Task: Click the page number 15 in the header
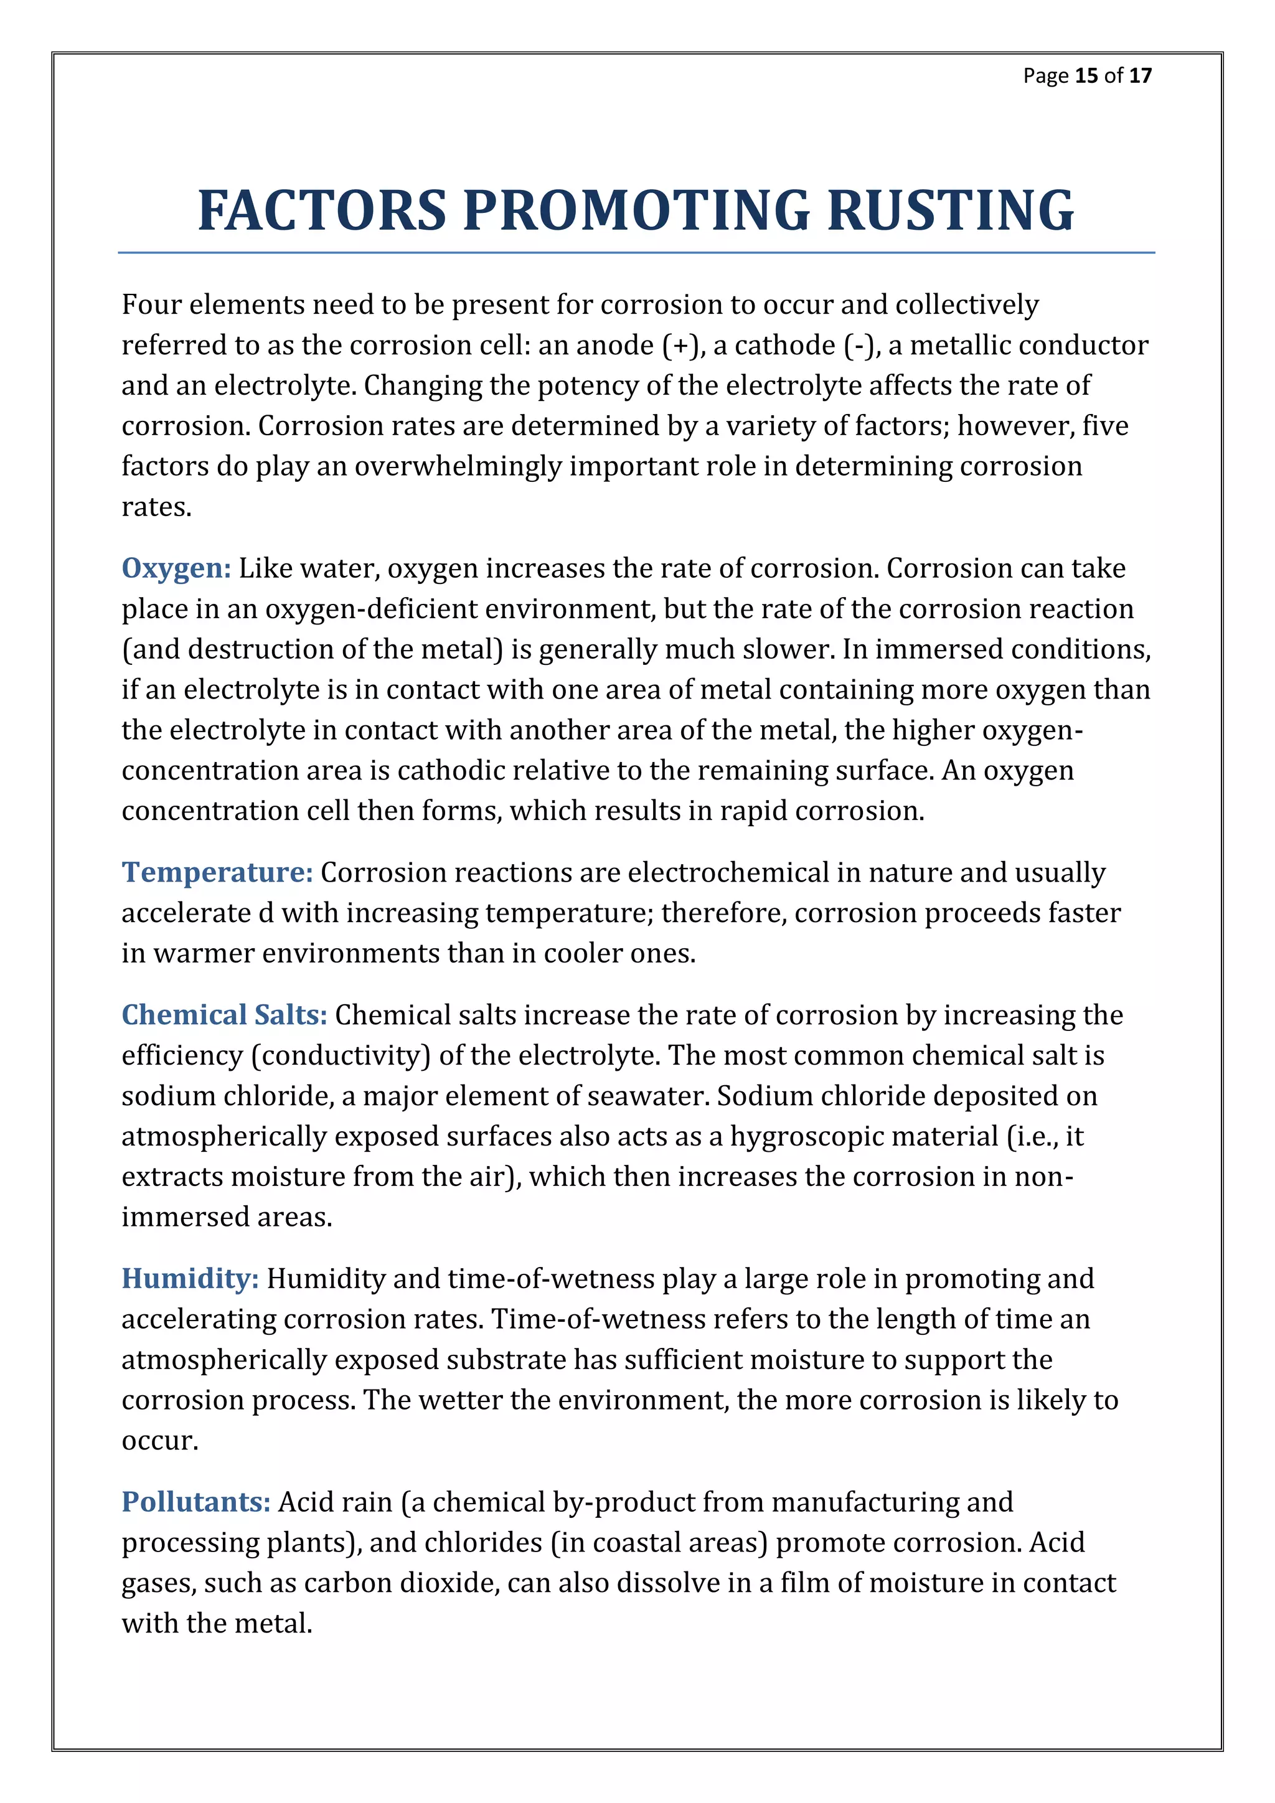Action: [x=1086, y=75]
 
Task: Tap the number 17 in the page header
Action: [x=1140, y=75]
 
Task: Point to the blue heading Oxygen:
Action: [x=176, y=568]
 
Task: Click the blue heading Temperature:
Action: [x=217, y=872]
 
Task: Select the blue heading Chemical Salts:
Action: [x=223, y=1015]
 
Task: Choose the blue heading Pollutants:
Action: [x=195, y=1502]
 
